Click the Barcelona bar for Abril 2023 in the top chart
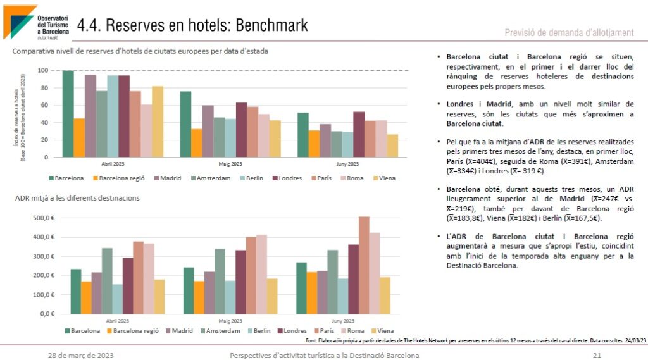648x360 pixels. pyautogui.click(x=68, y=114)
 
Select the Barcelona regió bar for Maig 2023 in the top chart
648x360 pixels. pyautogui.click(x=197, y=143)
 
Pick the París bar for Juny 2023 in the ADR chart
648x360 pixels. pyautogui.click(x=364, y=265)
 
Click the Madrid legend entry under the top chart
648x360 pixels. pyautogui.click(x=166, y=178)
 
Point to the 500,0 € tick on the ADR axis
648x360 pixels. pyautogui.click(x=43, y=218)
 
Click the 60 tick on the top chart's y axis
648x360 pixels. pyautogui.click(x=44, y=105)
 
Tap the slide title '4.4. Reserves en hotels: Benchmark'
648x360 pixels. pyautogui.click(x=192, y=25)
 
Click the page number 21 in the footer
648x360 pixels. pyautogui.click(x=597, y=355)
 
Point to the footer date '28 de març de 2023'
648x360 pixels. pyautogui.click(x=81, y=355)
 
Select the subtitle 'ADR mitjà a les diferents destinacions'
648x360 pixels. pyautogui.click(x=77, y=198)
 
